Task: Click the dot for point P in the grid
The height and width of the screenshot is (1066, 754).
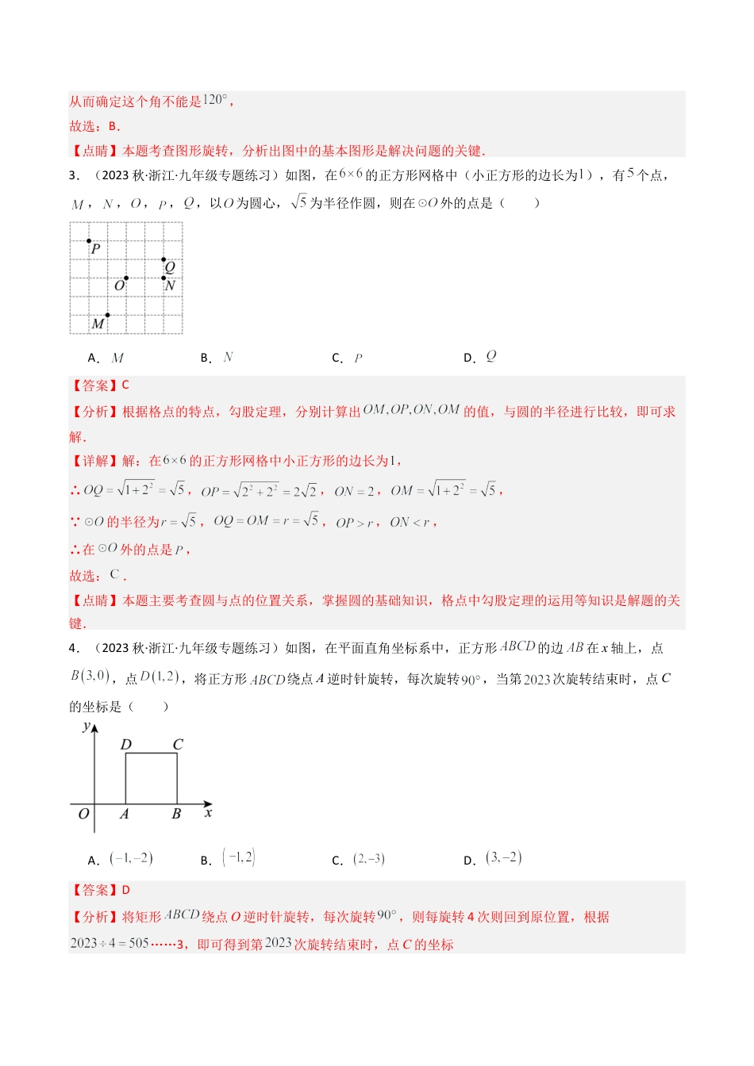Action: [89, 241]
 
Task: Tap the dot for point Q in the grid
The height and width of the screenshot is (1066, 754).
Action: [164, 259]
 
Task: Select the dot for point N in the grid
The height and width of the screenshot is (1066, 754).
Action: [164, 278]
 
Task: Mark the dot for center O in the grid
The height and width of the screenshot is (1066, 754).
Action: [126, 278]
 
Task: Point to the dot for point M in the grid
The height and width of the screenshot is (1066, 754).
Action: [107, 315]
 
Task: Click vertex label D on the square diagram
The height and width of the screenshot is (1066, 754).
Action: [125, 745]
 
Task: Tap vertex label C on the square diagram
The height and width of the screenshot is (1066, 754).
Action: [178, 745]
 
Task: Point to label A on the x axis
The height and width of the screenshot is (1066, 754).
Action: [125, 814]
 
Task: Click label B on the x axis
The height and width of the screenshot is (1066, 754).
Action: [176, 814]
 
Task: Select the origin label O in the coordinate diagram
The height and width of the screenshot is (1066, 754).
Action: [83, 814]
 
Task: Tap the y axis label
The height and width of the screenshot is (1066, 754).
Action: [87, 726]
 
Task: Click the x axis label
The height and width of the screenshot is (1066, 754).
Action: [208, 812]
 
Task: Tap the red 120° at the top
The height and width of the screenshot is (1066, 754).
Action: [214, 100]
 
